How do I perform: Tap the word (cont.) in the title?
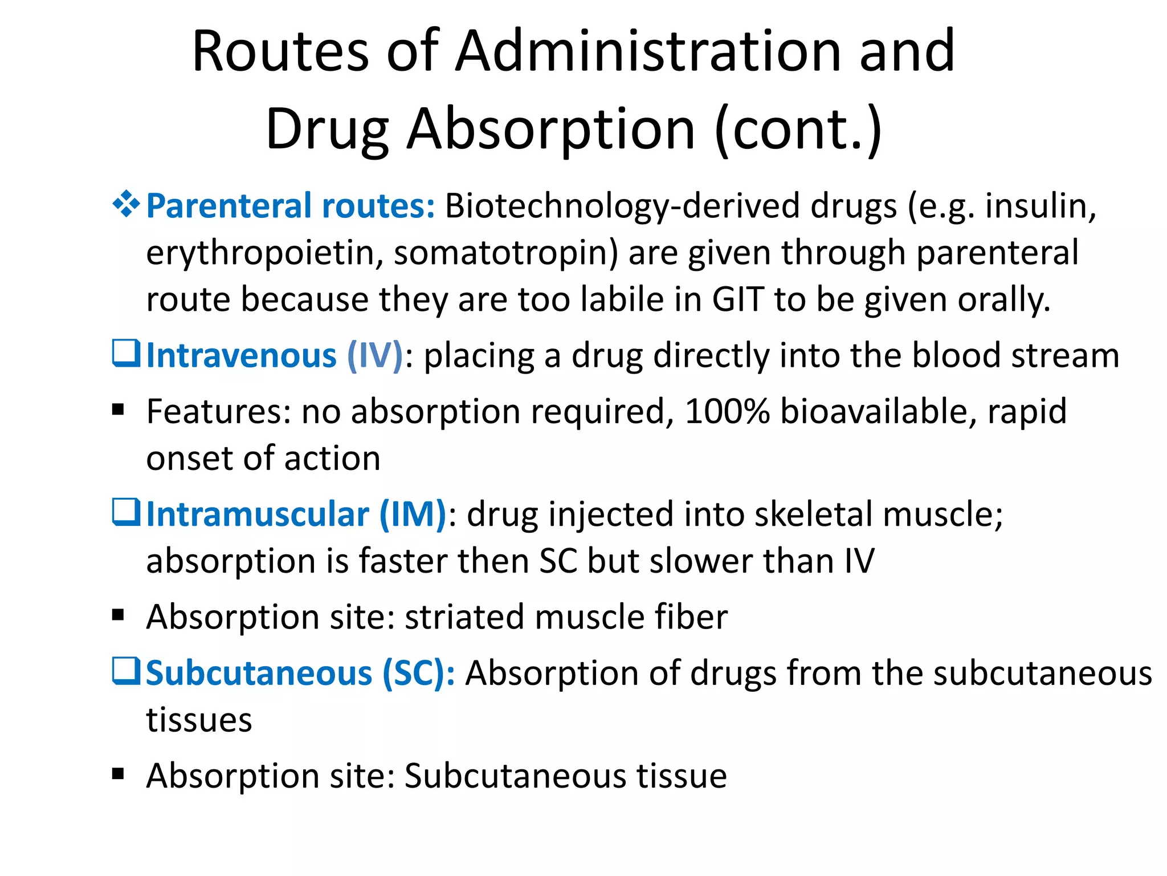coord(798,130)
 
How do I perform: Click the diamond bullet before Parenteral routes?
coord(126,204)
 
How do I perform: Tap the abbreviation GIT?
coord(737,299)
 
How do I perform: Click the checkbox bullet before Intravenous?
coord(126,354)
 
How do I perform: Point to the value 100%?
coord(727,411)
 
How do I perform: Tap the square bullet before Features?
coord(118,410)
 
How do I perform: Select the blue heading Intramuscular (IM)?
coord(296,514)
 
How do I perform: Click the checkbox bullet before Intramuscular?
coord(126,512)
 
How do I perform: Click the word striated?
coord(464,617)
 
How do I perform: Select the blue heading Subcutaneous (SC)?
coord(300,674)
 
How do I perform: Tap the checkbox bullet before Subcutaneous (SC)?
coord(126,671)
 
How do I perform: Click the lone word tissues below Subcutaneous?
coord(199,720)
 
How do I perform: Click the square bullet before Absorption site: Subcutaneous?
coord(118,774)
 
